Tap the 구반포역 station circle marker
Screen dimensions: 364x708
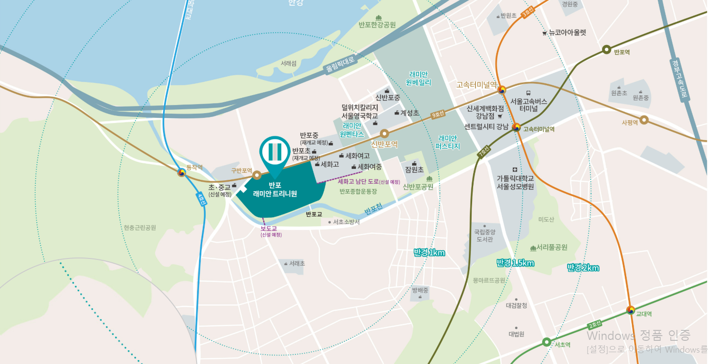tap(257, 175)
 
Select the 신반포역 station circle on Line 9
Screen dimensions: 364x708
tap(385, 134)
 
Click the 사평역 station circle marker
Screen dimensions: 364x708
tap(644, 120)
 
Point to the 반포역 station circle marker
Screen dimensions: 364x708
tap(606, 50)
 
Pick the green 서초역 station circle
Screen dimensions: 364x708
tap(546, 342)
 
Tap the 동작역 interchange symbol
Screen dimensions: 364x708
tap(181, 173)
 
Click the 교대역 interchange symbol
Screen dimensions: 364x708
tap(630, 310)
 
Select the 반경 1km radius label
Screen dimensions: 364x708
tap(429, 253)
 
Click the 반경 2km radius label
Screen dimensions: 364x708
tap(583, 268)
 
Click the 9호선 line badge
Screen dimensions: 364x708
tap(438, 115)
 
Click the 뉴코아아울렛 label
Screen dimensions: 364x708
tap(567, 33)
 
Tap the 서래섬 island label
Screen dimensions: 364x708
tap(288, 63)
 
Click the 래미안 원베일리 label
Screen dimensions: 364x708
tap(419, 79)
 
